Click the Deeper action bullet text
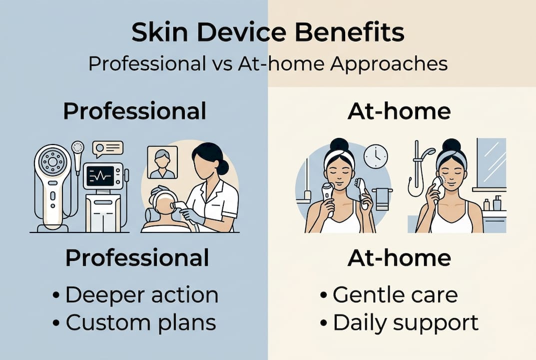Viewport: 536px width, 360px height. point(141,295)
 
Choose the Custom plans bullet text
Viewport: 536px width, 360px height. point(141,322)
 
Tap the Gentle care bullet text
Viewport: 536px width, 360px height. point(395,295)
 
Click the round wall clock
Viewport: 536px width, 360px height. point(376,156)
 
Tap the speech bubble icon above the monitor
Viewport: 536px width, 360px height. point(108,149)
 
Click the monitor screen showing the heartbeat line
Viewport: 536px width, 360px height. point(101,176)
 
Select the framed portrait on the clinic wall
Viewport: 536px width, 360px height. point(163,162)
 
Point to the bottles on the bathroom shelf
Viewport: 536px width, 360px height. point(492,203)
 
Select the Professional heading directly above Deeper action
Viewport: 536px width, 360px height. point(137,258)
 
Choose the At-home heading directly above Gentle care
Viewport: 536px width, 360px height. point(399,258)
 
